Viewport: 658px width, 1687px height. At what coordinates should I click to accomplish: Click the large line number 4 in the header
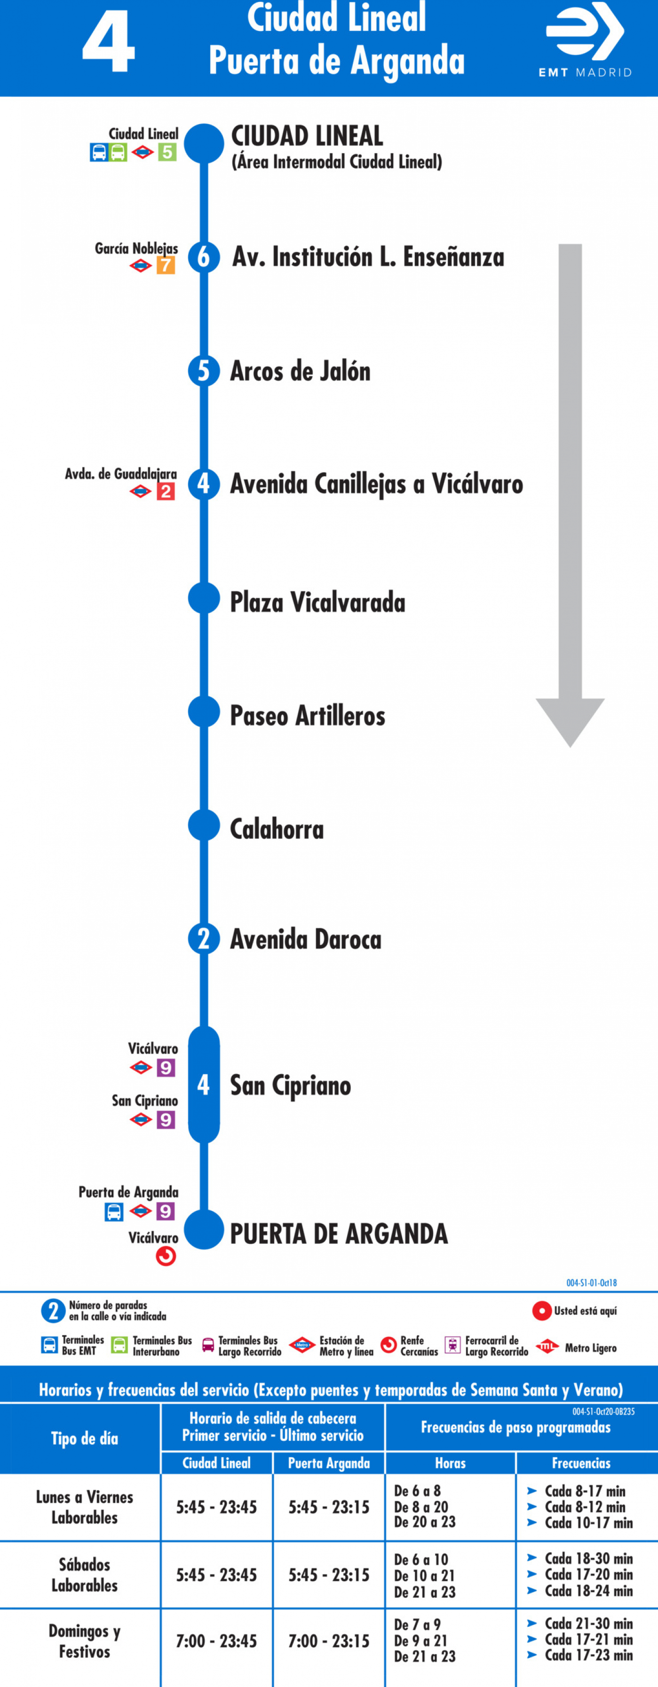(109, 42)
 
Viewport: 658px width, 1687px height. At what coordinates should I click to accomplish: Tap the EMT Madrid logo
(585, 40)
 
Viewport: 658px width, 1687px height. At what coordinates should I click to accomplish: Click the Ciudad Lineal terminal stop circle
(204, 143)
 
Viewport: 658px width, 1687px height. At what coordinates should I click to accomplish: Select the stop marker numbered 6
(204, 257)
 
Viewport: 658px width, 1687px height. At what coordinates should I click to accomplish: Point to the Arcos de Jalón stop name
(300, 371)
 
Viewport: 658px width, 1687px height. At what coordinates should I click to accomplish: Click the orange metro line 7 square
(166, 265)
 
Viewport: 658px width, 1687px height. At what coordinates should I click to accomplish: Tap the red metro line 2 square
(166, 491)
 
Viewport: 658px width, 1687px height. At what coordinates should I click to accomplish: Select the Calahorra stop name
(277, 829)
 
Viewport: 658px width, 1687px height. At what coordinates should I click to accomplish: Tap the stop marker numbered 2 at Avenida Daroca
(204, 938)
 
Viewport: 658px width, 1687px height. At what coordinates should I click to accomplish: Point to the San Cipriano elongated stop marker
(204, 1085)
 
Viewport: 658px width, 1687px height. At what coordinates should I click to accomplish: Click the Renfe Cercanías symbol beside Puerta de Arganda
(166, 1256)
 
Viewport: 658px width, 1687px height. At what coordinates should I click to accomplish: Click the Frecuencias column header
(581, 1463)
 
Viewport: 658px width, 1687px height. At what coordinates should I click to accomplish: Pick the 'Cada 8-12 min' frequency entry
(585, 1506)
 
